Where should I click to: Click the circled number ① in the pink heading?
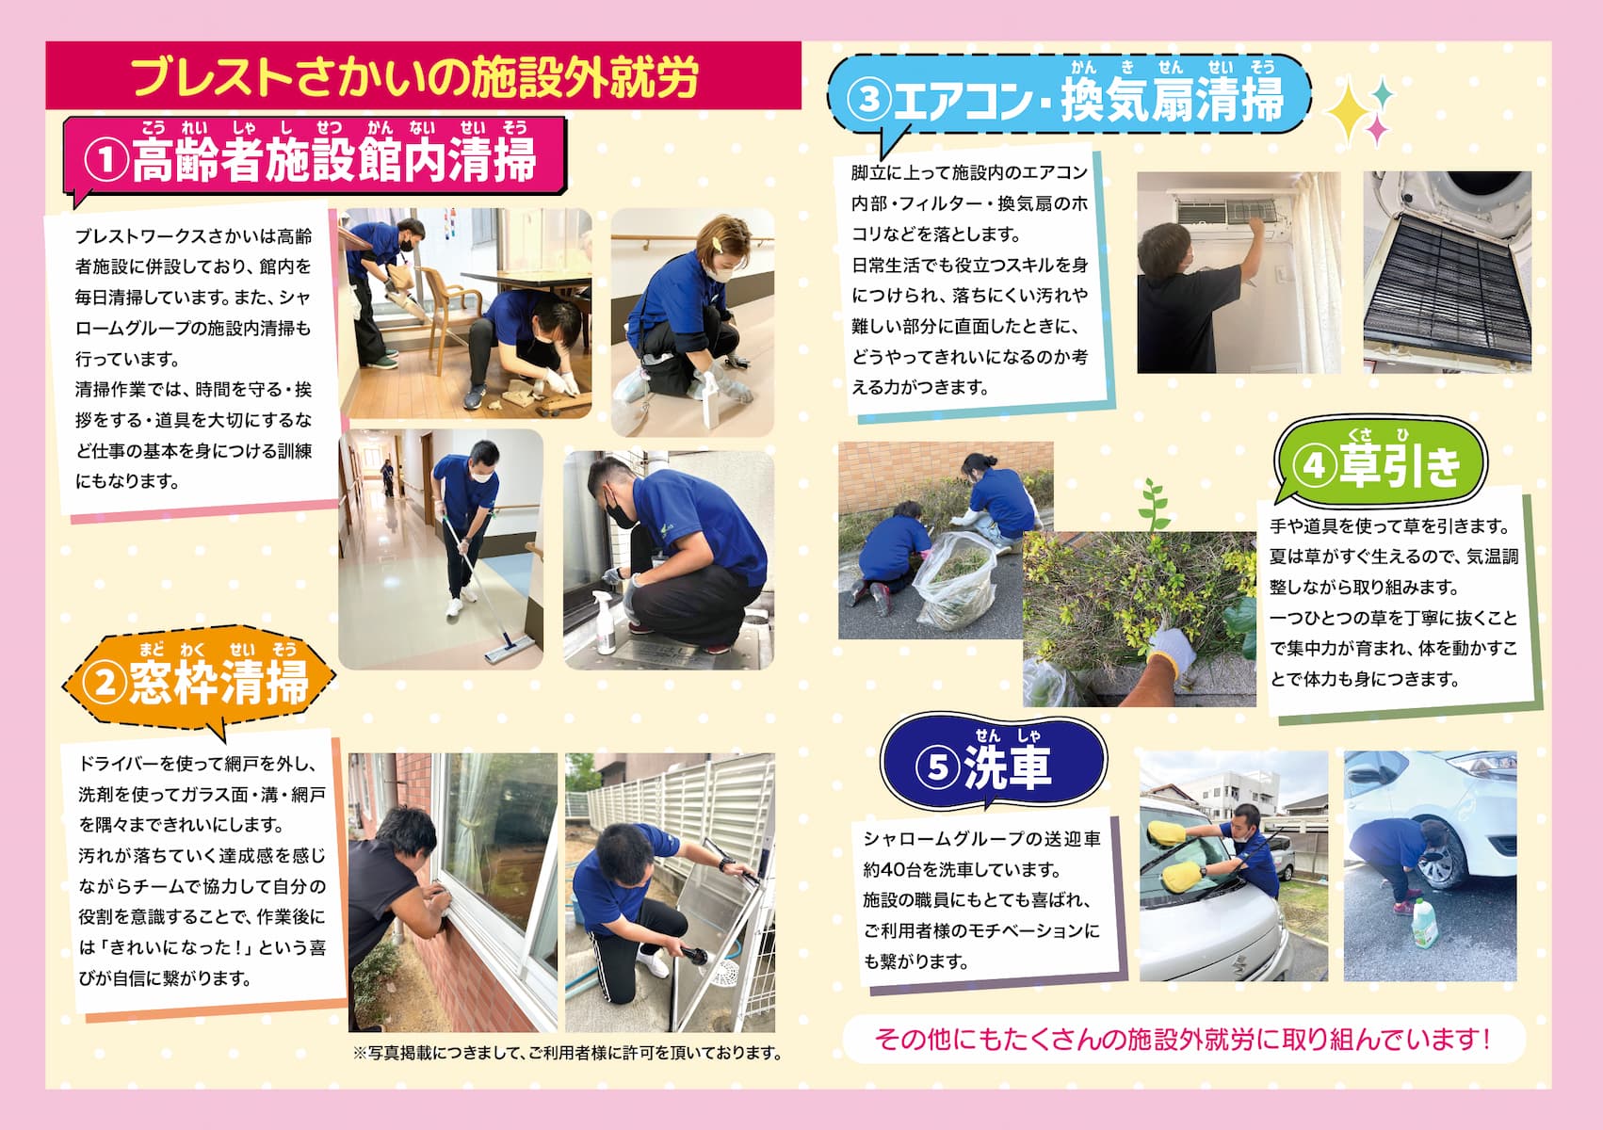[x=106, y=160]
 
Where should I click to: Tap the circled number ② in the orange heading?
[x=105, y=681]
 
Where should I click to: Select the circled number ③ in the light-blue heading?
[x=868, y=99]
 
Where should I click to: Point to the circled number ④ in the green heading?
[x=1315, y=467]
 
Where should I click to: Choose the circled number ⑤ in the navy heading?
[x=938, y=767]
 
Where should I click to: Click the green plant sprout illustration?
[x=1153, y=506]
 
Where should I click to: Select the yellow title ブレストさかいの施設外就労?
[x=415, y=76]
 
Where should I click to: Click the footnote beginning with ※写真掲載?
[x=568, y=1053]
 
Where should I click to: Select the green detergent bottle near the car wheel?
[x=1425, y=923]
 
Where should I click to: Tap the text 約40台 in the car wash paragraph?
[x=895, y=869]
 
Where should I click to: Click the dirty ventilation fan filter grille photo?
[x=1447, y=272]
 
